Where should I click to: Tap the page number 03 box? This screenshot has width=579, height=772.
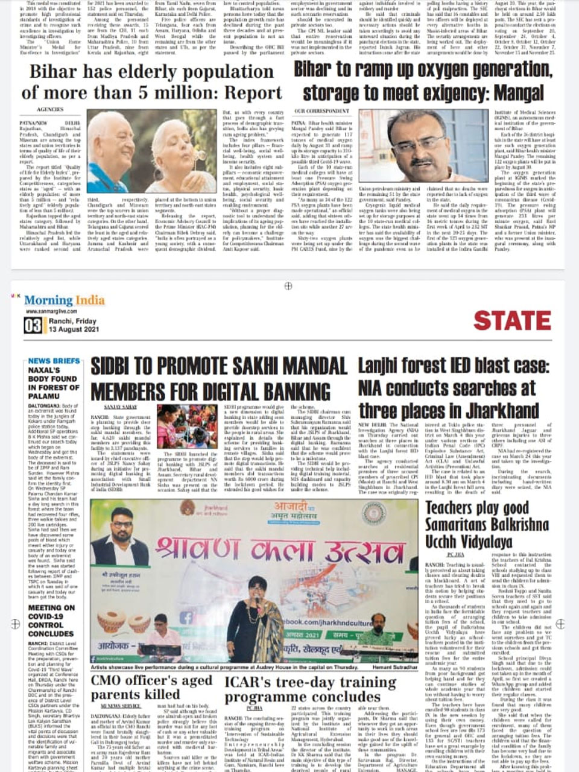point(33,326)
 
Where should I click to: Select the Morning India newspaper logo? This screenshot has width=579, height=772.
point(60,300)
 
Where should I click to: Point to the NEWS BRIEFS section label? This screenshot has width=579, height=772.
point(54,361)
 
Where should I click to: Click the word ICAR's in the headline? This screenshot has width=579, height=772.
point(250,682)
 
